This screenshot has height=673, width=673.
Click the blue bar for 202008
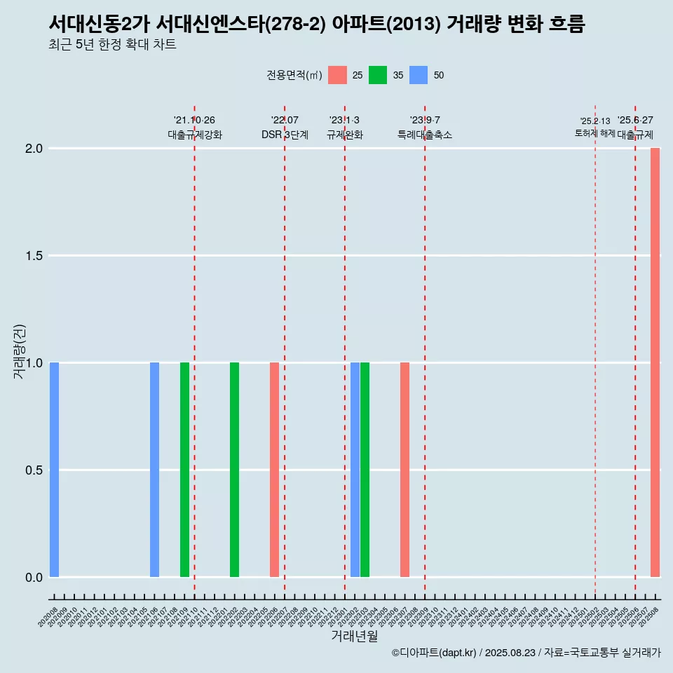[54, 470]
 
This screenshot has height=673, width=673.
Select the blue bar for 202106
[154, 470]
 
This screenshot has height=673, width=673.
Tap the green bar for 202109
[184, 470]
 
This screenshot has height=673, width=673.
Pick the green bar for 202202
[234, 470]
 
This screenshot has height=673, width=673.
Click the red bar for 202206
[274, 470]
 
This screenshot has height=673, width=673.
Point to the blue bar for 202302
[355, 470]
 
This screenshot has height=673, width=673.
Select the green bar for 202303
[365, 470]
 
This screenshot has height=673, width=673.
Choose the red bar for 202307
[405, 470]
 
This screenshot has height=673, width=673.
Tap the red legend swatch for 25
[338, 75]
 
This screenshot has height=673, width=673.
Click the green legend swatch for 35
[378, 75]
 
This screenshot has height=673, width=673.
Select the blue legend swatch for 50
[419, 75]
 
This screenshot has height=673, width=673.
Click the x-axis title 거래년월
[354, 636]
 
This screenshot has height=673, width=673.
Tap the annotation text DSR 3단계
[285, 135]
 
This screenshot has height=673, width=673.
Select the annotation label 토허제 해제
[594, 132]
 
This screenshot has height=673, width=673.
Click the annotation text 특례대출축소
[425, 135]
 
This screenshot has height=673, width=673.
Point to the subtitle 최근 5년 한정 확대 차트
[112, 45]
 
